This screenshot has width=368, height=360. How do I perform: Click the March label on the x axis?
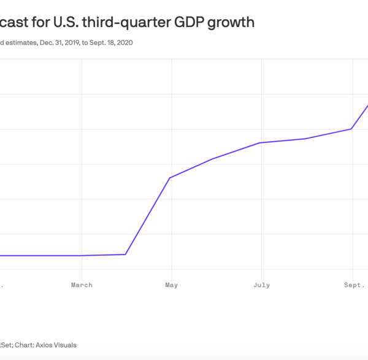(82, 285)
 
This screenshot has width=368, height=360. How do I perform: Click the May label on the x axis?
(172, 285)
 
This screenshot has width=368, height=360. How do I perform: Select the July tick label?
(262, 285)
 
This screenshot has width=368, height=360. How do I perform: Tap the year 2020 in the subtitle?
(124, 43)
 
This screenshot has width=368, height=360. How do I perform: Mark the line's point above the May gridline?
(170, 178)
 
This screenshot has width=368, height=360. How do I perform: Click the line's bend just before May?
(126, 254)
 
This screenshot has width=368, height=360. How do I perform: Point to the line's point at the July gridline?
(261, 143)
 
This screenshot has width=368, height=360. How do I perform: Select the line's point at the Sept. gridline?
(351, 129)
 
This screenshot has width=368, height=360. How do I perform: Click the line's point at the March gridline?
(82, 255)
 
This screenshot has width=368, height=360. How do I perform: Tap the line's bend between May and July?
(212, 159)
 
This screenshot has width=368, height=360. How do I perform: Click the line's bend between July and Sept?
(305, 139)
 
